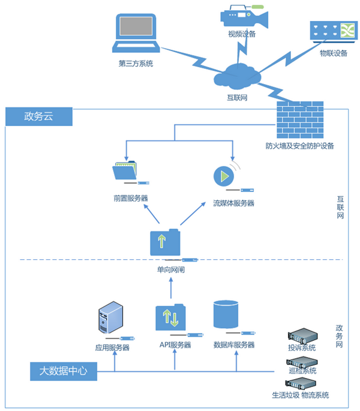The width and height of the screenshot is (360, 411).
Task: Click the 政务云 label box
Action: pyautogui.click(x=39, y=116)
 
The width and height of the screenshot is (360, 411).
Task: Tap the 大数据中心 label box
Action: pyautogui.click(x=64, y=371)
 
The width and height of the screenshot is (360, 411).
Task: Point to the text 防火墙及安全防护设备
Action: pyautogui.click(x=300, y=146)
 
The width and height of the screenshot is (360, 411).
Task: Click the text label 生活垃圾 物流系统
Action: pyautogui.click(x=301, y=395)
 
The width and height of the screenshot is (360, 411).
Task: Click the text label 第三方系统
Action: pyautogui.click(x=136, y=64)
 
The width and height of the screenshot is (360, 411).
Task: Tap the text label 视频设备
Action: pyautogui.click(x=242, y=34)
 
